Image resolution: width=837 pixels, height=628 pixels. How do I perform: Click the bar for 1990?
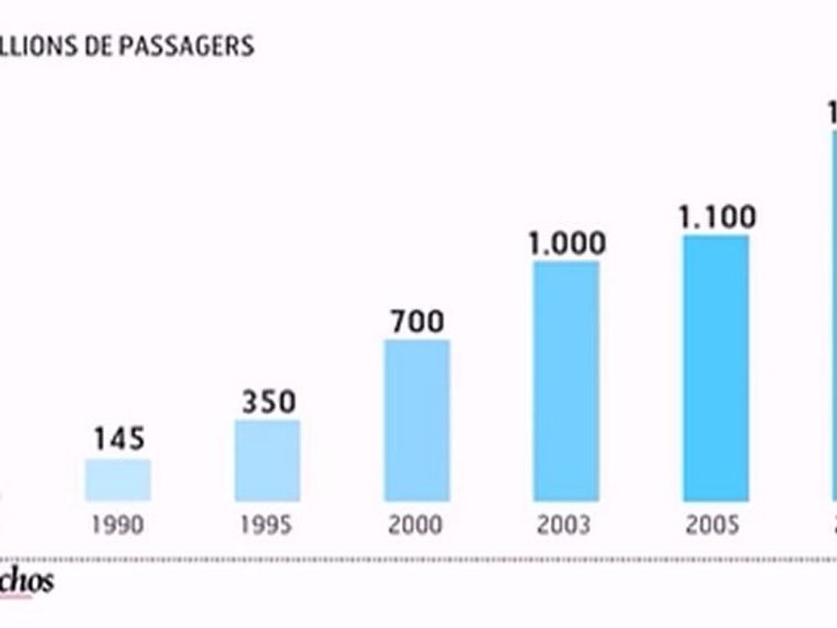[118, 480]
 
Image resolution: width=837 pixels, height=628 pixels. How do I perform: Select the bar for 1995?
[267, 461]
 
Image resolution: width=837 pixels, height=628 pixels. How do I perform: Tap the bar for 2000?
[417, 420]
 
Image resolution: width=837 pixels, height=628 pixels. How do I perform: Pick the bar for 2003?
[566, 381]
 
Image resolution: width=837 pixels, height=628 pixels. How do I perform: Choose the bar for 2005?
[716, 368]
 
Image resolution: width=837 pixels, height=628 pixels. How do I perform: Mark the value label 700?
[417, 321]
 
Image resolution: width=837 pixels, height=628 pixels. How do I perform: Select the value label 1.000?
[566, 242]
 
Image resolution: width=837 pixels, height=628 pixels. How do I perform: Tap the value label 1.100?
[717, 216]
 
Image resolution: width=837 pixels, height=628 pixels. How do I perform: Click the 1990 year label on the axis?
[118, 525]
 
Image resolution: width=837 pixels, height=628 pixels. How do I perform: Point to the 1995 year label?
[267, 525]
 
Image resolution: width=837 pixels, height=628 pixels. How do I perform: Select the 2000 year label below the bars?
[417, 525]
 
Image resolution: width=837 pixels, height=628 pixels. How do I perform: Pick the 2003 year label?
[566, 525]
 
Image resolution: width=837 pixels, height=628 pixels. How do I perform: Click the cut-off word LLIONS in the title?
[39, 46]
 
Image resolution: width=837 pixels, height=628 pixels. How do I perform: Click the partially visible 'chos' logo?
[26, 582]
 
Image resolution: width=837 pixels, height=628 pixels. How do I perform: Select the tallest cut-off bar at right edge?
[833, 314]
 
